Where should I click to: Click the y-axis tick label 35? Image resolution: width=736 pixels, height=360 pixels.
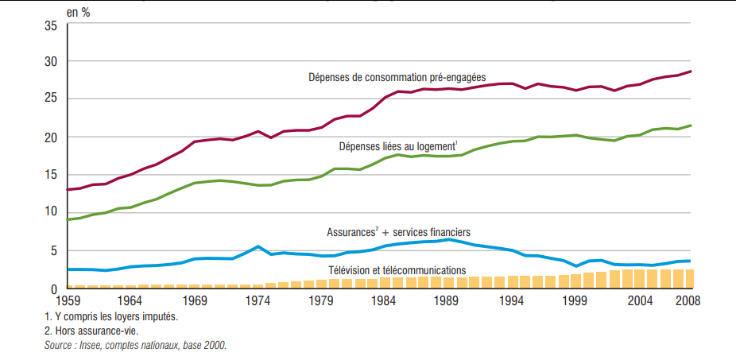(x=50, y=26)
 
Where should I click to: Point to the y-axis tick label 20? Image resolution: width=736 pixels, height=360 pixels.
(x=50, y=137)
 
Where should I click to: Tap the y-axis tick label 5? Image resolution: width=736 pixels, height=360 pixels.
(x=53, y=251)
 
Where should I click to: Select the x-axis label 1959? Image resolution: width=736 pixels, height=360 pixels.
(x=68, y=301)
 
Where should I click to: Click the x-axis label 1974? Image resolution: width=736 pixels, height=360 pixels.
(x=258, y=301)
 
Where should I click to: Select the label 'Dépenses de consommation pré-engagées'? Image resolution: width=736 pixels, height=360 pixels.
(x=397, y=77)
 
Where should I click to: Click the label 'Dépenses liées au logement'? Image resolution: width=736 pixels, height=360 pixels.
(x=397, y=147)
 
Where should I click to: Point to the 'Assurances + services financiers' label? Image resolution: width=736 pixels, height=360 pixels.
(x=398, y=232)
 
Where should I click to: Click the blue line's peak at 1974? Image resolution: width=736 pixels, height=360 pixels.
(x=258, y=246)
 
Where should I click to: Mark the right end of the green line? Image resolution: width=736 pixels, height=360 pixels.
(x=691, y=126)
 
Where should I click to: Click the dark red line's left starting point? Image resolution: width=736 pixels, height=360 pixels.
(x=68, y=189)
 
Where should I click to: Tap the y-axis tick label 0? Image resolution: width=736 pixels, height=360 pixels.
(x=53, y=289)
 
